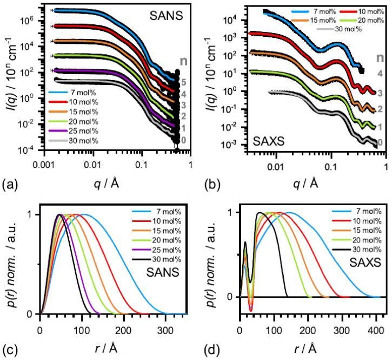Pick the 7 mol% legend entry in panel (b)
tap(314, 11)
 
